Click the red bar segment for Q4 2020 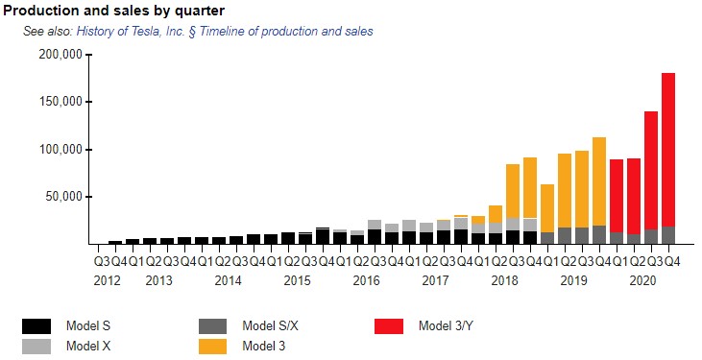pyautogui.click(x=668, y=150)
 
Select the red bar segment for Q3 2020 pyautogui.click(x=651, y=171)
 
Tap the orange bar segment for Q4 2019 pyautogui.click(x=599, y=181)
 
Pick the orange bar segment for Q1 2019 pyautogui.click(x=547, y=208)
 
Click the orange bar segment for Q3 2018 pyautogui.click(x=513, y=191)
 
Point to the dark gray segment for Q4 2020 pyautogui.click(x=668, y=235)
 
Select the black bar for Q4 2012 pyautogui.click(x=115, y=242)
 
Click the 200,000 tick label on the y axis pyautogui.click(x=61, y=55)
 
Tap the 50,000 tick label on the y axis pyautogui.click(x=64, y=197)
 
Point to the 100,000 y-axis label pyautogui.click(x=61, y=149)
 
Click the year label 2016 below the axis pyautogui.click(x=366, y=280)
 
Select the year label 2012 pyautogui.click(x=107, y=280)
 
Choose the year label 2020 pyautogui.click(x=642, y=280)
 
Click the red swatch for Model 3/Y pyautogui.click(x=389, y=326)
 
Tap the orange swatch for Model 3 pyautogui.click(x=212, y=347)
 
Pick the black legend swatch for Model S pyautogui.click(x=36, y=326)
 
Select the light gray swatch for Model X pyautogui.click(x=36, y=347)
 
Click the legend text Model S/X pyautogui.click(x=270, y=325)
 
